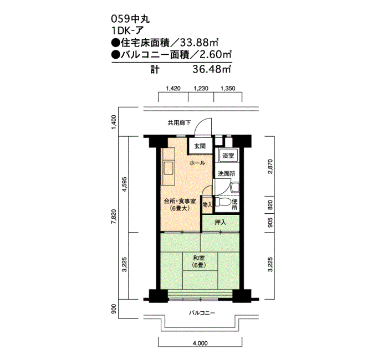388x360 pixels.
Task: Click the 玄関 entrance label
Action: tap(200, 146)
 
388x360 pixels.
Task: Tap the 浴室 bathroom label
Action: tap(228, 156)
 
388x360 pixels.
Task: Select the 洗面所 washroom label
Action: tap(226, 174)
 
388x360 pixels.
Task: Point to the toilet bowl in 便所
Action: tap(222, 202)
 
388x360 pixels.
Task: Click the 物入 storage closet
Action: tap(208, 205)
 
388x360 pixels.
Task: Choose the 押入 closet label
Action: tap(220, 222)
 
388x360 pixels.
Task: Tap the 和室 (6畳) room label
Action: tap(199, 261)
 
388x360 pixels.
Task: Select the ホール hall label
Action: tap(197, 163)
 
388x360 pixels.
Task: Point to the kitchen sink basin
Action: tap(169, 168)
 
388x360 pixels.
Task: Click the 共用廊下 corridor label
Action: tap(179, 122)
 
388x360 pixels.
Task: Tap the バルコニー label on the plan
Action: tap(202, 313)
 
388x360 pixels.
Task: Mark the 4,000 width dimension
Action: tap(200, 343)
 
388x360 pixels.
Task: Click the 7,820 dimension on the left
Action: tap(114, 217)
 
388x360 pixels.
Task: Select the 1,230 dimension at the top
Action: tap(201, 88)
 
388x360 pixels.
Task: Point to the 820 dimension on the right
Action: tap(270, 205)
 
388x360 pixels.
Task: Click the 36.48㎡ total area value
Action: tap(212, 69)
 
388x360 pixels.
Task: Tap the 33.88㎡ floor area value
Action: tap(198, 43)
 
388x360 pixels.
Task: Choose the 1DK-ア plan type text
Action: tap(127, 30)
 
